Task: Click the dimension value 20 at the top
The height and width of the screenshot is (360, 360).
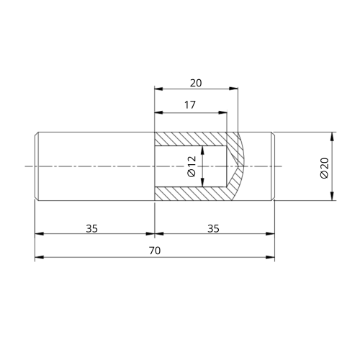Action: (x=196, y=83)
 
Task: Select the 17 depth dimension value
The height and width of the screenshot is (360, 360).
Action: (x=190, y=105)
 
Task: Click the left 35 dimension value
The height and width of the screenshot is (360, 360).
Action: (x=92, y=228)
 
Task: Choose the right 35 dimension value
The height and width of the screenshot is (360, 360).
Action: (x=214, y=228)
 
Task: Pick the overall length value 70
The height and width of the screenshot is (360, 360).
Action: (x=154, y=251)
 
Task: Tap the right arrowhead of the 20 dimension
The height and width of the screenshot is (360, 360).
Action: (x=235, y=89)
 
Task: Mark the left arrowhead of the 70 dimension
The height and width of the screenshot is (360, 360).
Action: (x=38, y=257)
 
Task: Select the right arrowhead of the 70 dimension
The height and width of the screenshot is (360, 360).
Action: (x=271, y=257)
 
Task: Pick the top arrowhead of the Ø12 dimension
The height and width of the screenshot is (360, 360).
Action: (x=204, y=150)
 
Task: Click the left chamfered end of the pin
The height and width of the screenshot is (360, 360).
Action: (x=36, y=166)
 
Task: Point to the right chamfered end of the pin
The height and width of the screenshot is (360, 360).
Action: (x=273, y=166)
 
